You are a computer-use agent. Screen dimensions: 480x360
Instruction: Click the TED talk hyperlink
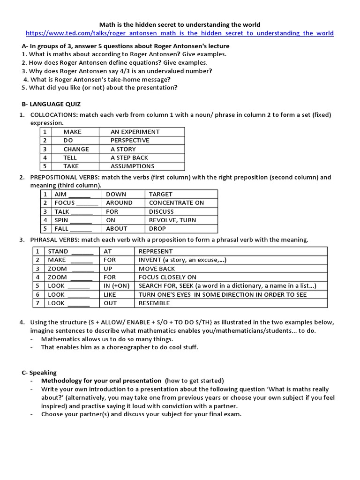pos(180,33)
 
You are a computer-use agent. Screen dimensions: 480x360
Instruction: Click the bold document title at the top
pos(180,24)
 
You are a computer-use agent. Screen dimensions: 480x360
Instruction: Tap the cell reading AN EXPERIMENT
pos(135,132)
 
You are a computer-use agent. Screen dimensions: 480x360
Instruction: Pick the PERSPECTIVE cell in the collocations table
pos(130,140)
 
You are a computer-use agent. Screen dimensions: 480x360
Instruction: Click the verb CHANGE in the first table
pos(76,149)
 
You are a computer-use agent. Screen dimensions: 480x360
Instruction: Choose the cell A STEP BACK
pos(129,157)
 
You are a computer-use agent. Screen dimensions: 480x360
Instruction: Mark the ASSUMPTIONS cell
pos(132,166)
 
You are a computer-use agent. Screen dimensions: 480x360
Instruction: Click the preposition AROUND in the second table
pos(119,203)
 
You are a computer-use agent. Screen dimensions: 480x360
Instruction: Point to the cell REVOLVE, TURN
pos(172,220)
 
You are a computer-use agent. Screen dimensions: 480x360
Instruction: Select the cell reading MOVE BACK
pos(157,269)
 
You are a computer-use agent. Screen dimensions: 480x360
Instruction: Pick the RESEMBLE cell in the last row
pos(154,303)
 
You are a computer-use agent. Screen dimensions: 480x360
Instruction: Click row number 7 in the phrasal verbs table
pos(37,303)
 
